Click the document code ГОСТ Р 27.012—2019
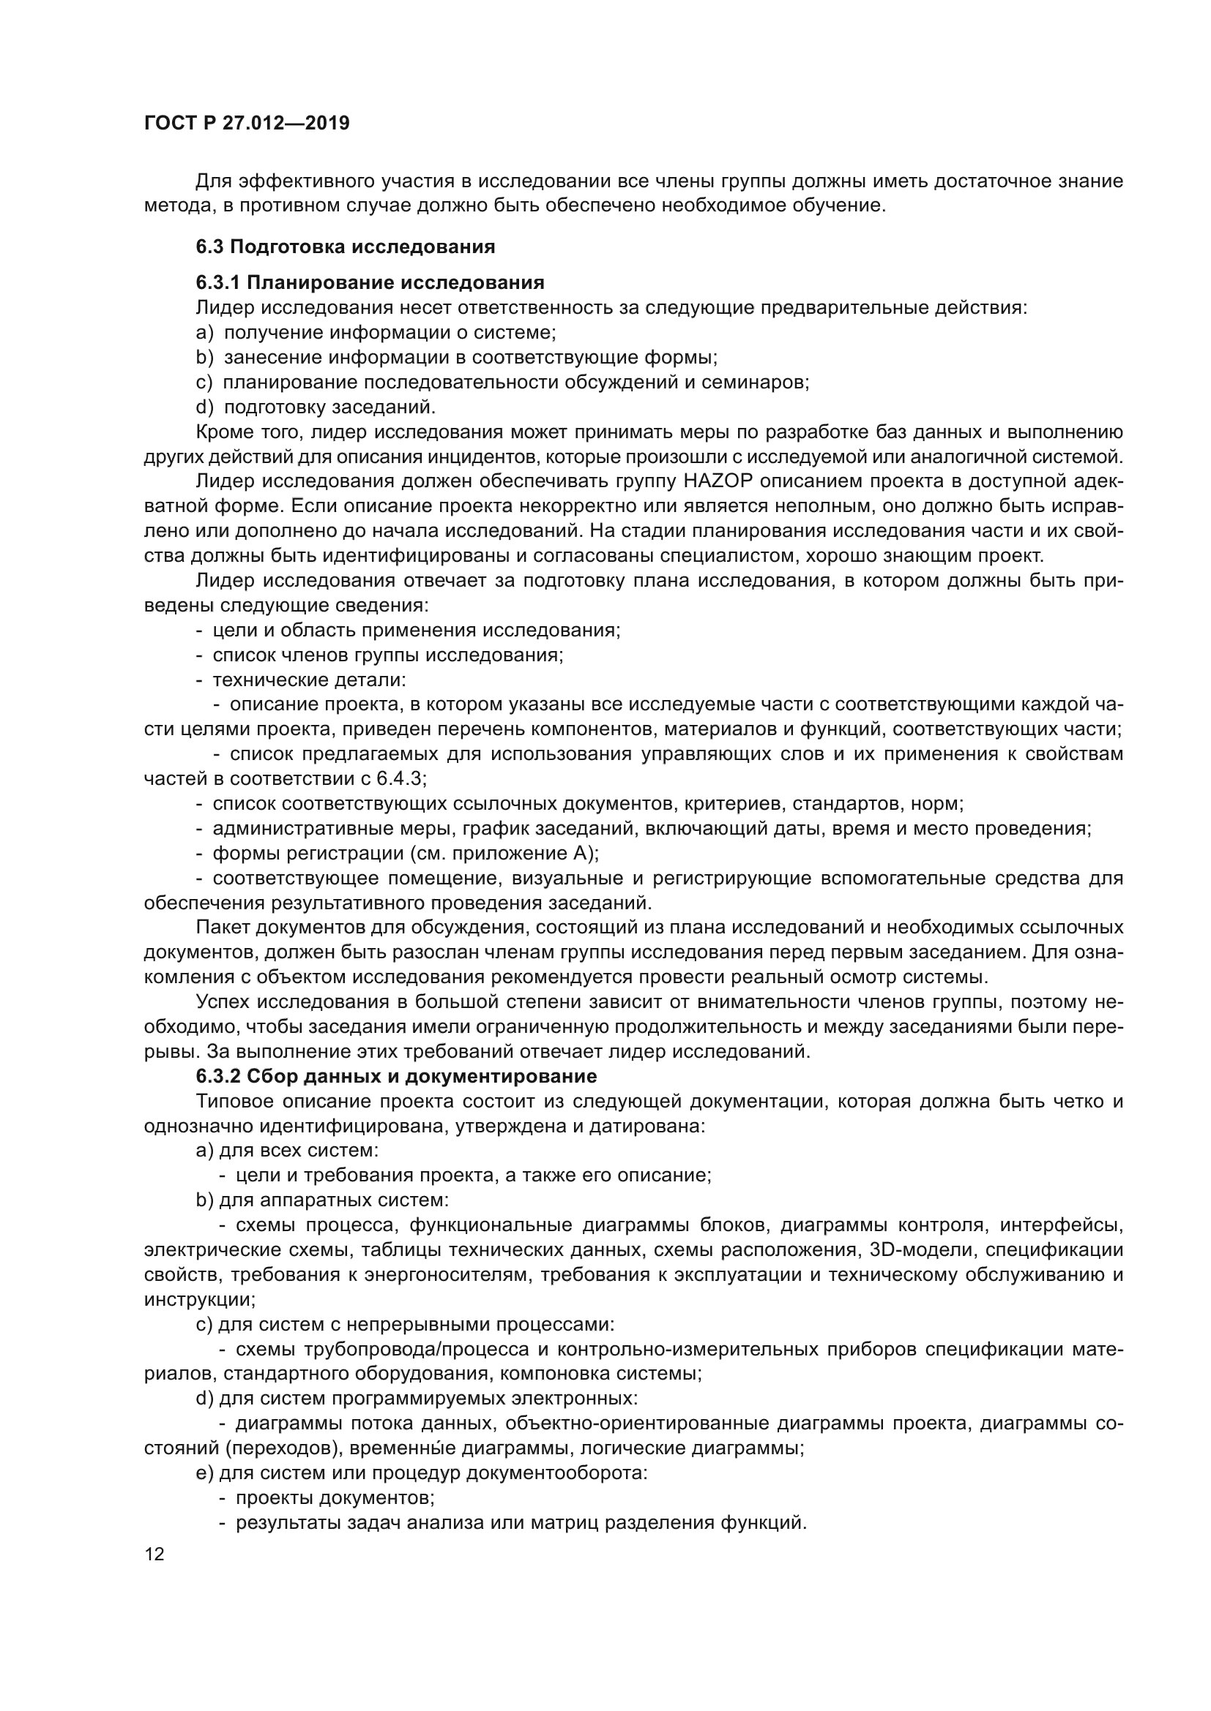pos(247,124)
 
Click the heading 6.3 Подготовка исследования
pos(346,247)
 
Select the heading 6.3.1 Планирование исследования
pos(370,282)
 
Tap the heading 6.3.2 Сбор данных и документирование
pos(396,1076)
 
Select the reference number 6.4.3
pos(400,779)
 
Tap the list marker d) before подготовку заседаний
pos(204,407)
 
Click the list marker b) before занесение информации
pos(204,358)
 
